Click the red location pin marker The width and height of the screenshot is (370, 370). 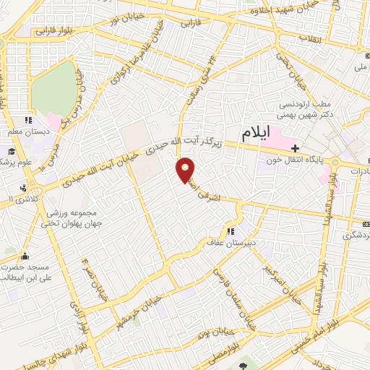coord(186,169)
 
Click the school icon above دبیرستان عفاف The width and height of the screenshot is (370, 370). coord(231,232)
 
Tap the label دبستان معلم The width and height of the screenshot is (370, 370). coord(26,132)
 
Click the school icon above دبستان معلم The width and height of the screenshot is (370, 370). coord(27,121)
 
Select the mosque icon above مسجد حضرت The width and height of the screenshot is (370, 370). coord(26,255)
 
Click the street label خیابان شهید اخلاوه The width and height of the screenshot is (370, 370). coord(285,12)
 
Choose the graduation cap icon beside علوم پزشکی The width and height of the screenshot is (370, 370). coord(12,151)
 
